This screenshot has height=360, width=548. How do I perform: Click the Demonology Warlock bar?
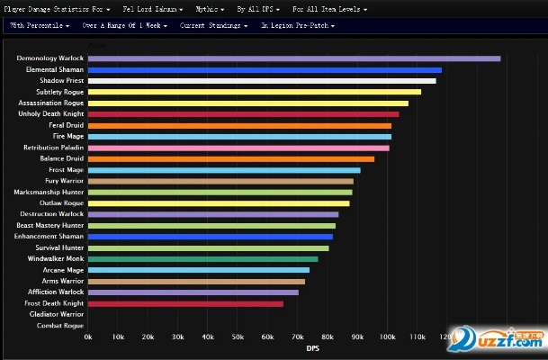click(x=293, y=58)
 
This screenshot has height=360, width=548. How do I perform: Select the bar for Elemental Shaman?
click(x=265, y=69)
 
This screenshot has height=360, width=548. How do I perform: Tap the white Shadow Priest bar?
click(x=261, y=81)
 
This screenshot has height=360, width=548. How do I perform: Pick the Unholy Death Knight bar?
click(x=243, y=114)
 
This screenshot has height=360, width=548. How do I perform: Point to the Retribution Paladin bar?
click(x=238, y=148)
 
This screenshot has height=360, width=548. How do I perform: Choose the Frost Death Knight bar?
click(x=185, y=303)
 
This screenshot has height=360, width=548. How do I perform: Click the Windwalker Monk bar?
click(x=202, y=259)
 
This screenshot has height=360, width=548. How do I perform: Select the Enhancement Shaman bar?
click(x=210, y=237)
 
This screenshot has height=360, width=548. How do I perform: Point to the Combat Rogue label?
click(x=60, y=326)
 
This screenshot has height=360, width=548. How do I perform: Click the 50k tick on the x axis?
click(x=238, y=337)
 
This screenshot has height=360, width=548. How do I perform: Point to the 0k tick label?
click(x=87, y=337)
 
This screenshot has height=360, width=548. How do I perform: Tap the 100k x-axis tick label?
click(x=388, y=337)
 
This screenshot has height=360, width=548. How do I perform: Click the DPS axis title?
click(x=312, y=348)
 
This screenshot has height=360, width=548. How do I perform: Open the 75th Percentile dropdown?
click(x=40, y=25)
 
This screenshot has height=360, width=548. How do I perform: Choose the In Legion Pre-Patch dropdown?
click(x=298, y=25)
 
